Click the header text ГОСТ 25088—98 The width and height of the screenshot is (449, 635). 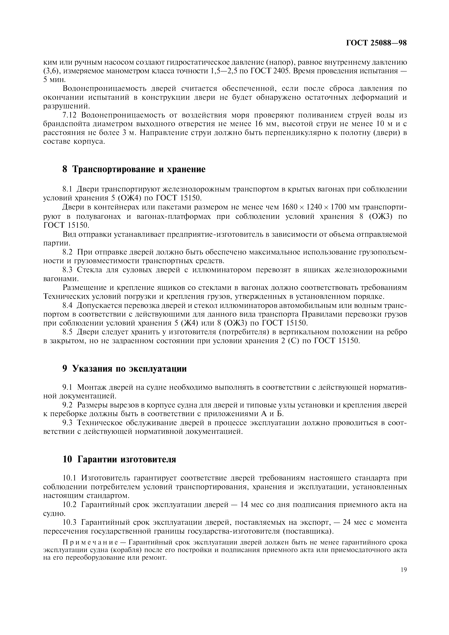[x=376, y=43]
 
